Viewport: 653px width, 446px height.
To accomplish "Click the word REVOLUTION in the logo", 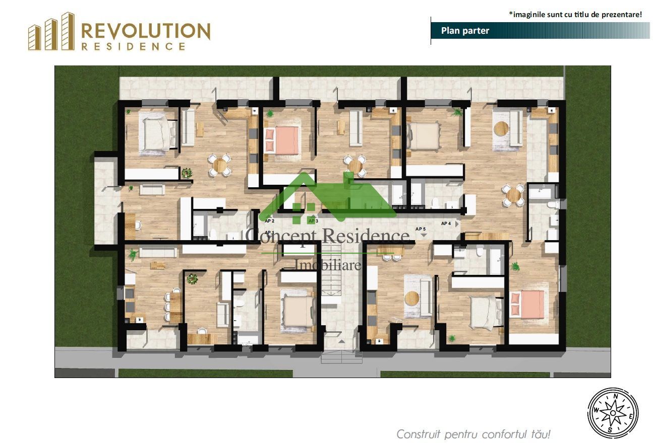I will coord(145,31).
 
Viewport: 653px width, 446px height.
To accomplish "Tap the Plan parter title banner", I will coord(465,31).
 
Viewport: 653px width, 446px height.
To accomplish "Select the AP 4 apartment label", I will coord(446,223).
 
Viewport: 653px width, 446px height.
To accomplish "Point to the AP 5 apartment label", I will coord(421,229).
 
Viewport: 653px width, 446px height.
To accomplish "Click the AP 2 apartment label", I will coord(270,221).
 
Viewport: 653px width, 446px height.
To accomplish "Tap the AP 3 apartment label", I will coord(313,221).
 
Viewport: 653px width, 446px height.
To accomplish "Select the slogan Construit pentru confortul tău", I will coord(473,434).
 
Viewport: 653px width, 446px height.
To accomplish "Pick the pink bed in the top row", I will coord(281,139).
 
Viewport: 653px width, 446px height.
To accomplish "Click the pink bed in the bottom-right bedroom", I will coord(527,304).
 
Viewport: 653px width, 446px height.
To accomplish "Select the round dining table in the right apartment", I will coord(513,195).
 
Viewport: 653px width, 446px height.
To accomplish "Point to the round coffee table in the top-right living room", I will coord(502,128).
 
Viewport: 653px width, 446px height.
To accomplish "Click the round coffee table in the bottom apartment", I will coord(412,298).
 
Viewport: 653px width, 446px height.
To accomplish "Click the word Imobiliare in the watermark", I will coord(328,264).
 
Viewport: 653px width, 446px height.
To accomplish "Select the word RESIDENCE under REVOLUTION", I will coord(133,46).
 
